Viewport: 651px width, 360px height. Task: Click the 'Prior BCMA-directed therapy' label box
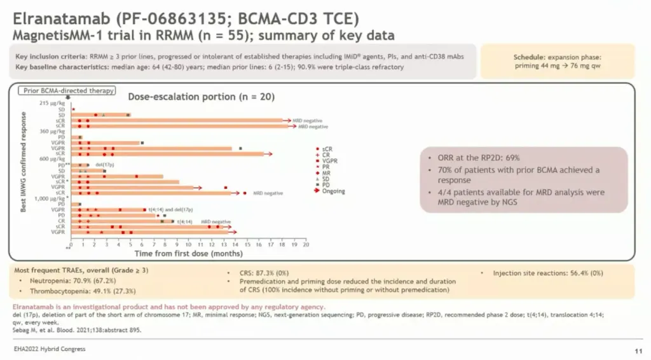[69, 90]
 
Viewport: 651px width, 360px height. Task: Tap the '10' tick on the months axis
[189, 244]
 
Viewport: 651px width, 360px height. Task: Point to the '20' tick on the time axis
[306, 244]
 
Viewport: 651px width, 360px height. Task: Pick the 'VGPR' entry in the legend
[329, 161]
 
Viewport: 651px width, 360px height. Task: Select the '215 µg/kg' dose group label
[53, 103]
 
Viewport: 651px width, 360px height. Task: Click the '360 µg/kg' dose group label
[53, 131]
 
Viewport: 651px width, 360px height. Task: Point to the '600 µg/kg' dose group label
[53, 159]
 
